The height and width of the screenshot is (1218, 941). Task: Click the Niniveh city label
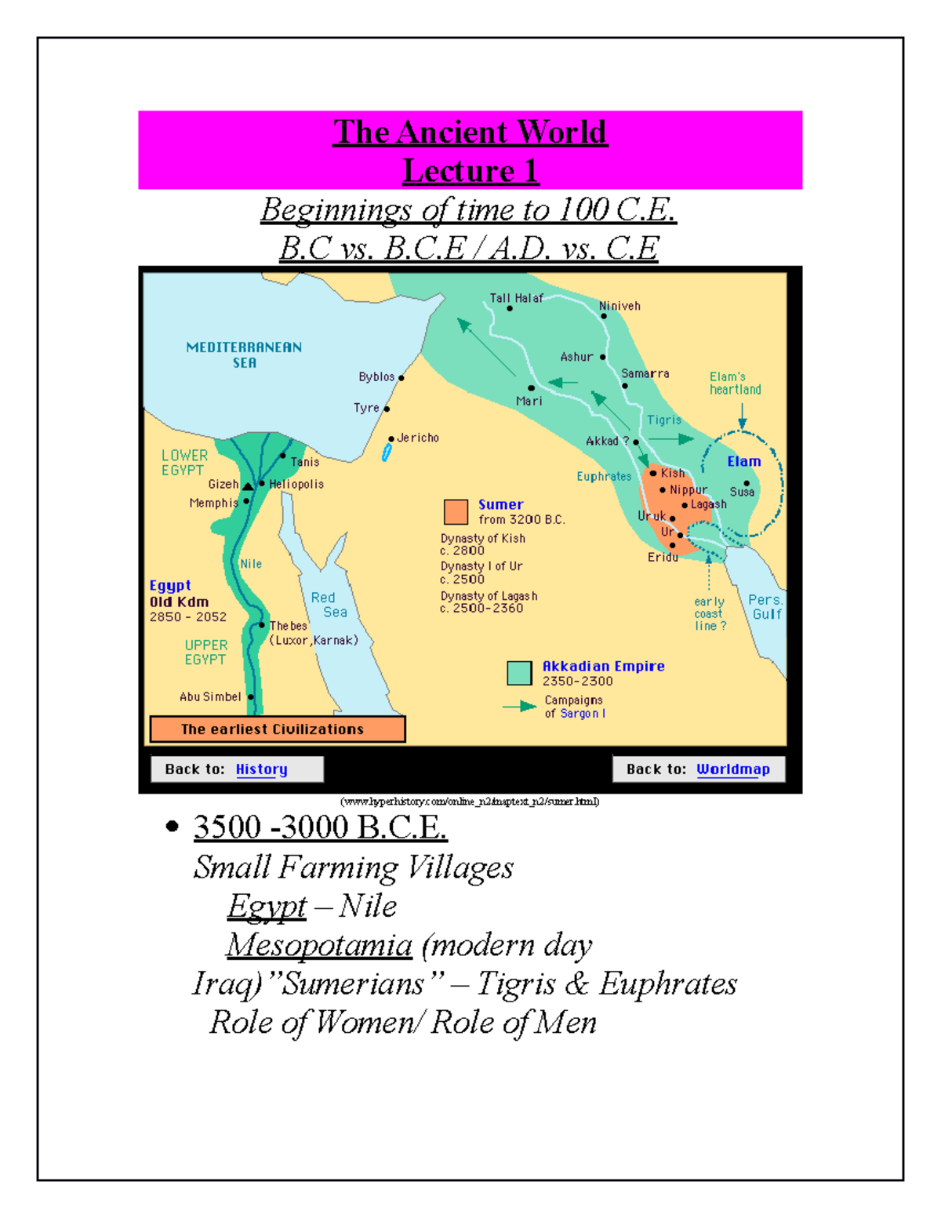tap(619, 306)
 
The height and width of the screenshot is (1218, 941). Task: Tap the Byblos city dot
tap(401, 378)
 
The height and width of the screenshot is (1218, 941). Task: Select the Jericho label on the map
tap(418, 438)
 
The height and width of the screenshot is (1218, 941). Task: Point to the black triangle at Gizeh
tap(248, 486)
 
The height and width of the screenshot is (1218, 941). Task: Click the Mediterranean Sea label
tap(244, 354)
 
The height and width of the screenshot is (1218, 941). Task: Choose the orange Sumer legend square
tap(456, 511)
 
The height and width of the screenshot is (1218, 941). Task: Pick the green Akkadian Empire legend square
tap(519, 673)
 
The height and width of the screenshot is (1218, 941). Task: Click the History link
tap(262, 769)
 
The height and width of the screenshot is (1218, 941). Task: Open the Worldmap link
tap(733, 769)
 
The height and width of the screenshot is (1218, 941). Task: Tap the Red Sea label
tap(329, 605)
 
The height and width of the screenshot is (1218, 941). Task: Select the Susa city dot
tap(747, 483)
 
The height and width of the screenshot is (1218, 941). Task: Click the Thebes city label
tap(289, 626)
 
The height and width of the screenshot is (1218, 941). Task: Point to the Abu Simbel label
tap(210, 696)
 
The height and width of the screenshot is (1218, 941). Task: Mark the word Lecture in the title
tap(458, 171)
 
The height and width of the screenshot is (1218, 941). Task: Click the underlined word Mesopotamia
tap(319, 945)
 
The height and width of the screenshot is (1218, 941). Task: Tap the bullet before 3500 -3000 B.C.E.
tap(173, 826)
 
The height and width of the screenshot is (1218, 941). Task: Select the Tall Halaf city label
tap(516, 298)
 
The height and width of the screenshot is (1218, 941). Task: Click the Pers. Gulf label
tap(765, 607)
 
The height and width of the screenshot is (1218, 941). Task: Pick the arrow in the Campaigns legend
tap(519, 707)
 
